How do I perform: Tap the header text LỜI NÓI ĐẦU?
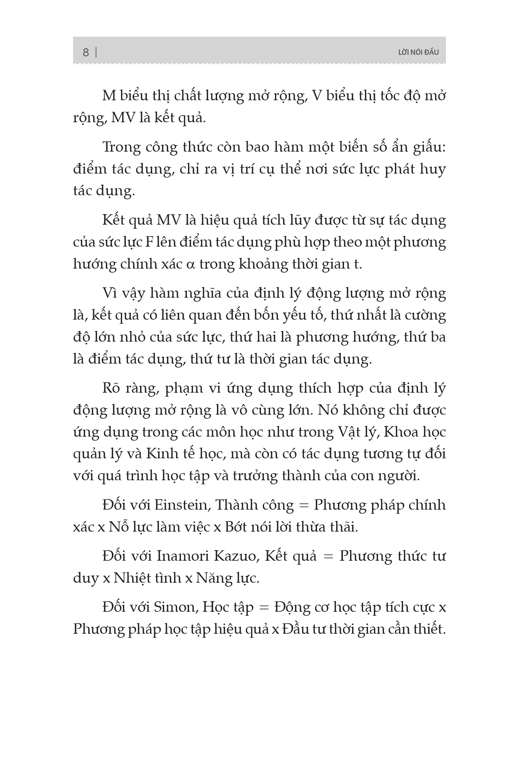[418, 52]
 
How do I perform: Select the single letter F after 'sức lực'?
[149, 242]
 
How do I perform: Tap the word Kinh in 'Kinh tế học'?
[159, 454]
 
